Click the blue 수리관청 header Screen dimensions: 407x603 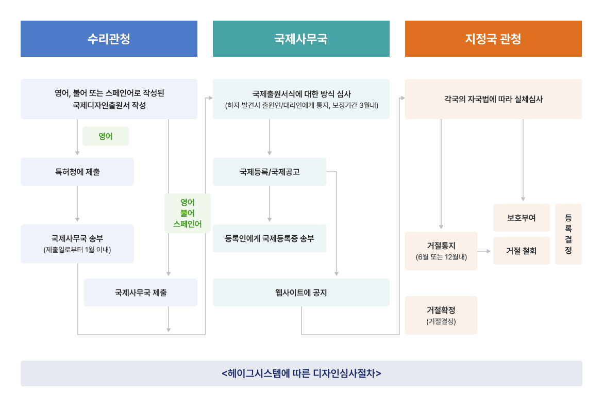tap(109, 39)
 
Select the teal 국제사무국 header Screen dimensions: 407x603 tap(301, 39)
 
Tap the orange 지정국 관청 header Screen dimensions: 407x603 tap(493, 39)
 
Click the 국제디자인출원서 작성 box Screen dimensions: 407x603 tap(109, 99)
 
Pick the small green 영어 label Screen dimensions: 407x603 tap(106, 137)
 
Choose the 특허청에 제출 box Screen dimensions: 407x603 tap(77, 172)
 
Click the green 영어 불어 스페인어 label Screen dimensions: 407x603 tap(188, 213)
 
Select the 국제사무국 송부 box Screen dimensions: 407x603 tap(77, 243)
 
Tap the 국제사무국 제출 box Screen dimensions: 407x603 tap(141, 292)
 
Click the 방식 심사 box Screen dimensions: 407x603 tap(301, 99)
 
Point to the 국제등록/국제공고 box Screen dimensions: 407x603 tap(270, 172)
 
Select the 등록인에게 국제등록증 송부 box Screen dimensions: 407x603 tap(270, 238)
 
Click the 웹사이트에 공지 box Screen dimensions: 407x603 tap(301, 292)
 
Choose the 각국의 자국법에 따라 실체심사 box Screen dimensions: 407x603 tap(493, 99)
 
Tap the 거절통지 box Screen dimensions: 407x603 tap(441, 251)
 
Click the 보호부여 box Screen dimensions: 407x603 tap(522, 218)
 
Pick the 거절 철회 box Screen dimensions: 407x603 tap(522, 251)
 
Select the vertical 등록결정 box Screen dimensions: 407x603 tap(568, 234)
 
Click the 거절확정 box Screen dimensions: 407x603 tap(441, 315)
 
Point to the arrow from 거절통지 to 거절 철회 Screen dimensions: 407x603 tap(484, 251)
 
